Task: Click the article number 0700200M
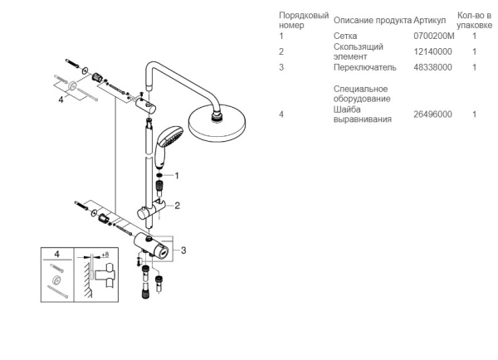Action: click(x=432, y=36)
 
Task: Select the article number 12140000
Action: click(x=432, y=51)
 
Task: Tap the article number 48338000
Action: click(x=432, y=67)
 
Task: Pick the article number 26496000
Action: click(x=432, y=114)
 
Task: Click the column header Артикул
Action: click(x=432, y=19)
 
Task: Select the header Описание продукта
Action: click(x=372, y=19)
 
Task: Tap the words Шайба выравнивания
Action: click(x=355, y=114)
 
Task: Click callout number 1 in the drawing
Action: click(x=177, y=175)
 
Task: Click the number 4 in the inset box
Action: click(x=56, y=255)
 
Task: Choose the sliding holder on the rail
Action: click(x=155, y=210)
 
